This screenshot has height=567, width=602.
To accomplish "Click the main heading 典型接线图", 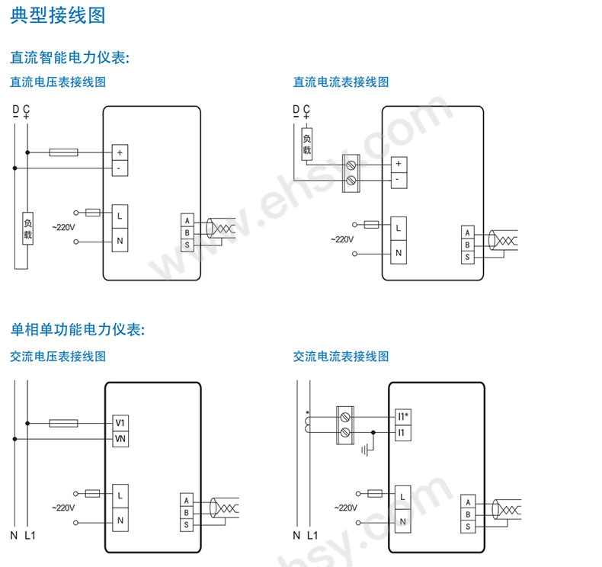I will [x=58, y=14].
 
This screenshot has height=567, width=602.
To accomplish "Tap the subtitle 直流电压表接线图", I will [x=57, y=82].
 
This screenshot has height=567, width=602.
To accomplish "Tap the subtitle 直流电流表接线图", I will [x=341, y=82].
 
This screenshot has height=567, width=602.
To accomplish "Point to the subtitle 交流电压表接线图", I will [x=57, y=356].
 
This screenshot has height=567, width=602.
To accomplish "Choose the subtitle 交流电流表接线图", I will [x=341, y=356].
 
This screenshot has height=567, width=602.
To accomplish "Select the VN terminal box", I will [x=120, y=439].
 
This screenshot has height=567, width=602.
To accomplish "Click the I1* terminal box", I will [x=403, y=416].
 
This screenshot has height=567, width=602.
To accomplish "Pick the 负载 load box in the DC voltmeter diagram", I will [x=28, y=229].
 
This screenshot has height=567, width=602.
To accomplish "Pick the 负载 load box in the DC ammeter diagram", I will [x=306, y=145].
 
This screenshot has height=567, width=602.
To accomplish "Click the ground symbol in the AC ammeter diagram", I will [x=366, y=450].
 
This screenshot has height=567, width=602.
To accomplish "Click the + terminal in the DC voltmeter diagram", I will [x=120, y=152].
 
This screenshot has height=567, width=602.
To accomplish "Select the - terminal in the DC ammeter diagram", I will [x=398, y=180].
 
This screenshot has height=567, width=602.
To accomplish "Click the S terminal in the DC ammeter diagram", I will [x=468, y=257].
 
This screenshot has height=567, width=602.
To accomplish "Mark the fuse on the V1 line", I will [x=62, y=423].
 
